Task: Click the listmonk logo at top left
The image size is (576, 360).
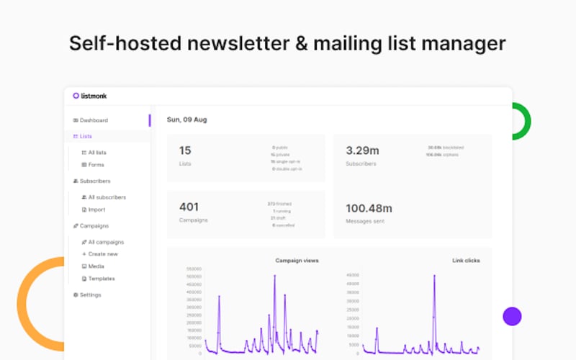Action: pyautogui.click(x=89, y=96)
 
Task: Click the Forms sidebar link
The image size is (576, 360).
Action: pyautogui.click(x=96, y=165)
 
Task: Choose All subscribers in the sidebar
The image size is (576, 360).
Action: pyautogui.click(x=107, y=197)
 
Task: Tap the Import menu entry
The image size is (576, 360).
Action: pyautogui.click(x=96, y=210)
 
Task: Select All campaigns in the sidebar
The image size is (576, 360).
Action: pyautogui.click(x=106, y=242)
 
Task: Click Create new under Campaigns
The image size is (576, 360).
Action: pyautogui.click(x=103, y=254)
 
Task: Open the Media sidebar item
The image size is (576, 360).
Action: pyautogui.click(x=96, y=266)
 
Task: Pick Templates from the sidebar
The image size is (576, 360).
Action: pyautogui.click(x=102, y=279)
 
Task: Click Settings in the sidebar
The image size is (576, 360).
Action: pyautogui.click(x=90, y=294)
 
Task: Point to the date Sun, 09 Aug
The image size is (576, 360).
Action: pyautogui.click(x=186, y=120)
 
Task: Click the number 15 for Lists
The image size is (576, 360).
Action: pyautogui.click(x=185, y=150)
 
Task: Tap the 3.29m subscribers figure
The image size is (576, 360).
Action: pyautogui.click(x=362, y=150)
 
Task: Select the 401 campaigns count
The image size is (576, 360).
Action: pyautogui.click(x=189, y=207)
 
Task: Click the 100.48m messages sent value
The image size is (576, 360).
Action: pyautogui.click(x=369, y=208)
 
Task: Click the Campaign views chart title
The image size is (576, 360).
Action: pyautogui.click(x=297, y=260)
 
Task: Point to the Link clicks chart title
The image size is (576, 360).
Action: pyautogui.click(x=466, y=260)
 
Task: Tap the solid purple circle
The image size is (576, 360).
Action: pyautogui.click(x=512, y=316)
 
